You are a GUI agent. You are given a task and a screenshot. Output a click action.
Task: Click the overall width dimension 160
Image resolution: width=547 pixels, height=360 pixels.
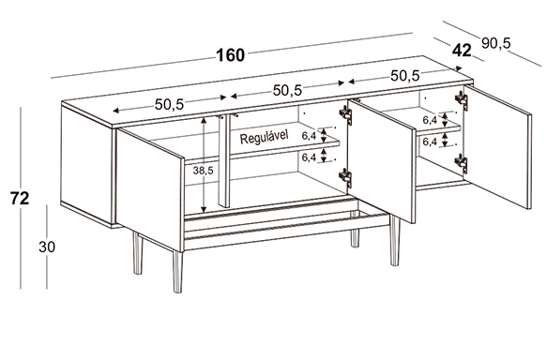coord(231,55)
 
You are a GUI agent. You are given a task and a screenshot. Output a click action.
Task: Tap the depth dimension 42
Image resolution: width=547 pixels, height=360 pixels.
coord(462,51)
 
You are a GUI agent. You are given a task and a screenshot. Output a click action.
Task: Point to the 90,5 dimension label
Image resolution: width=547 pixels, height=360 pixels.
coord(495,43)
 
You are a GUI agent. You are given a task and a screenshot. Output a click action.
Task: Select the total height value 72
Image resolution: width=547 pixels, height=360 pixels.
coord(20,199)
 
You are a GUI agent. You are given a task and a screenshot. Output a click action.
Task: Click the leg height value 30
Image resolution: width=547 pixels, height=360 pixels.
coord(47,247)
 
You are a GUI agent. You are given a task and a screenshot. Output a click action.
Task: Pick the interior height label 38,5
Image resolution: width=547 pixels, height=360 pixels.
coord(203,171)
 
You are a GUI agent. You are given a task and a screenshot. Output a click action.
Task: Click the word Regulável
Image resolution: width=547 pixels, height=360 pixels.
coord(264,137)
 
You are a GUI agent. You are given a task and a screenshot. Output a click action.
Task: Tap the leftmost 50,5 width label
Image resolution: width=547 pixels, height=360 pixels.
coord(169,104)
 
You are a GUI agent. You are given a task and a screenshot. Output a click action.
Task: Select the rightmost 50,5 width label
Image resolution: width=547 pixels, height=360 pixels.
coord(404,76)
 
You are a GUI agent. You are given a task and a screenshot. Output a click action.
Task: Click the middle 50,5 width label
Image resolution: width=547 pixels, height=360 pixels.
coord(287,90)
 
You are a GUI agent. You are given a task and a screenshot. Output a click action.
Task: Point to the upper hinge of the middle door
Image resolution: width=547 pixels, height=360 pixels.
coord(345,114)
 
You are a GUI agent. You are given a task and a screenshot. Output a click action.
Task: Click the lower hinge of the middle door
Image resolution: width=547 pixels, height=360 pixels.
coord(345,176)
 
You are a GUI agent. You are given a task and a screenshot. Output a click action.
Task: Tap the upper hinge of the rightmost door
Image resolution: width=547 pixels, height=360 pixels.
coord(462,99)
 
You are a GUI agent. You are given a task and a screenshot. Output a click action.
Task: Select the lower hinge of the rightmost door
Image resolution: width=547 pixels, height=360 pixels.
coord(462,162)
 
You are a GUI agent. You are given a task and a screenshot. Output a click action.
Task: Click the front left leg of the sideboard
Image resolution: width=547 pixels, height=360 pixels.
coord(177,271)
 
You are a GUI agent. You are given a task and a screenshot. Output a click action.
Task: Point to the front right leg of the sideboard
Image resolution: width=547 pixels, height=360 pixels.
coord(395,241)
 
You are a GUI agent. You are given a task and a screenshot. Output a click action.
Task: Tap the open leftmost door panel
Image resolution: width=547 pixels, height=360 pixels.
coord(150,189)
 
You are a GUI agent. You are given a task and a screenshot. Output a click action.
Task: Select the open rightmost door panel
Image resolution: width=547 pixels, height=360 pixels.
coord(498,146)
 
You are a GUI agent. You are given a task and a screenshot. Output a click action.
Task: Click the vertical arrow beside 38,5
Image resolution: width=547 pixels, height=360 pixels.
coord(205,165)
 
